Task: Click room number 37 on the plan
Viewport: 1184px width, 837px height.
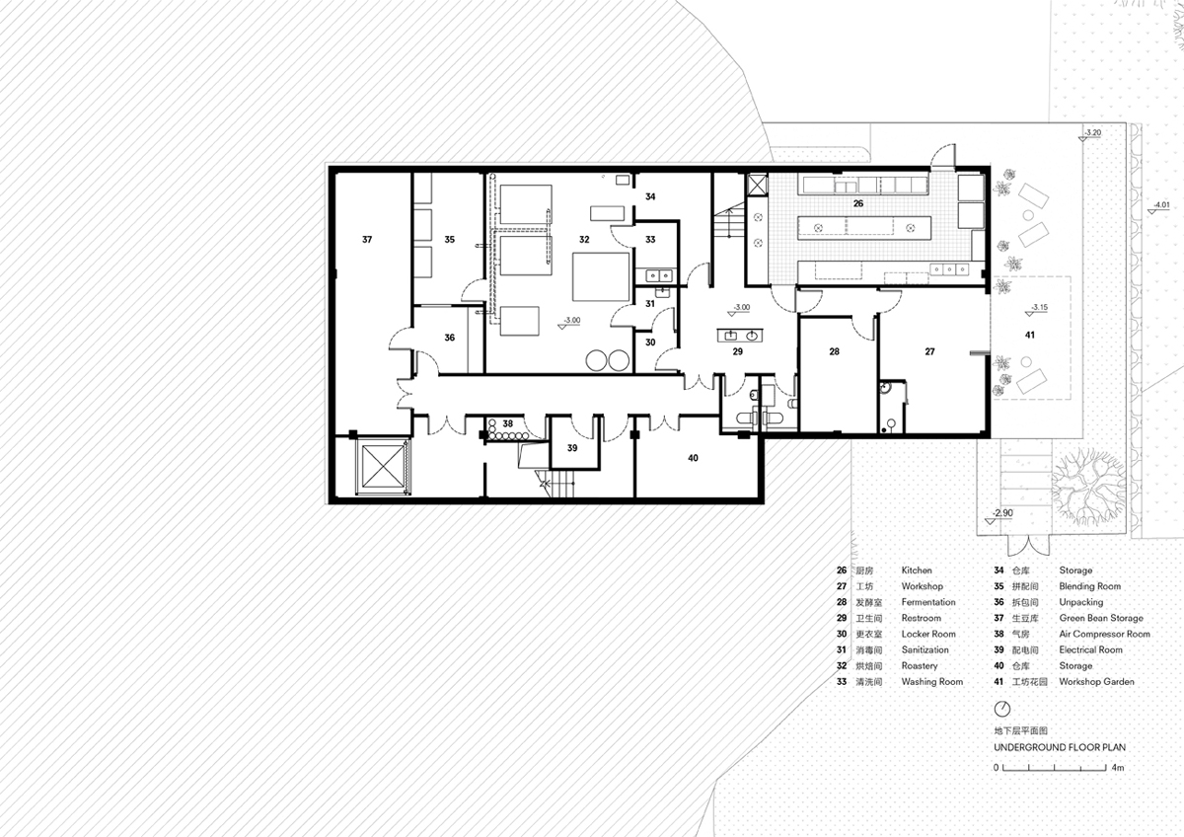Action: click(367, 240)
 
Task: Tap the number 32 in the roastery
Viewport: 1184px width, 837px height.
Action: click(584, 240)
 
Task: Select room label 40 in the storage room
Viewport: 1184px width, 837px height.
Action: click(693, 458)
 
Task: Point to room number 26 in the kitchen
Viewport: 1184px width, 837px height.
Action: click(857, 203)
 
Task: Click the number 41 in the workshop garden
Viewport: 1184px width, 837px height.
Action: click(1030, 335)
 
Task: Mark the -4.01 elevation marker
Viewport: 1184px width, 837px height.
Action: click(1159, 206)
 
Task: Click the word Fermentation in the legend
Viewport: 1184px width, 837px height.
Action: click(928, 602)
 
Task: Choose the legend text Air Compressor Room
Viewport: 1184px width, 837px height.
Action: click(1104, 634)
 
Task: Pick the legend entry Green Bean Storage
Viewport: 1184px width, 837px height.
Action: click(1101, 618)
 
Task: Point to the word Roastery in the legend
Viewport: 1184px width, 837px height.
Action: click(920, 665)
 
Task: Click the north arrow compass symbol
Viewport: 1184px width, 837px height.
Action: click(1002, 709)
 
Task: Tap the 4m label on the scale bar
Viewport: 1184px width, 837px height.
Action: click(1117, 767)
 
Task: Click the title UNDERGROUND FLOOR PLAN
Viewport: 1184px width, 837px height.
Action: click(1060, 747)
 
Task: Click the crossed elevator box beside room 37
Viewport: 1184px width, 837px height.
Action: click(382, 466)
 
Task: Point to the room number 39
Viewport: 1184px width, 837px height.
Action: click(572, 448)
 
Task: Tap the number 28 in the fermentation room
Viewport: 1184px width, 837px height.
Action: click(834, 351)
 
